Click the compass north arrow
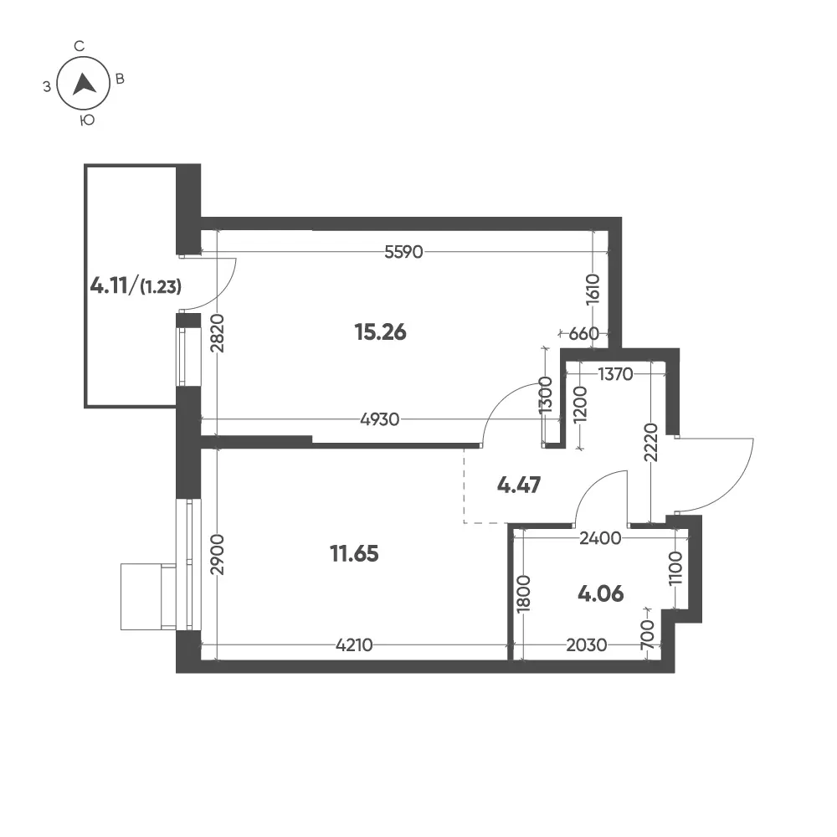point(84,84)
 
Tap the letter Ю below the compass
point(87,121)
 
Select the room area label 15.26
point(380,332)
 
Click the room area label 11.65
point(354,553)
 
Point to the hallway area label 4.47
point(519,485)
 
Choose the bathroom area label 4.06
point(600,593)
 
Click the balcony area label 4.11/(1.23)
point(136,286)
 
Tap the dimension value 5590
point(403,251)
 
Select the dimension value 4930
point(379,419)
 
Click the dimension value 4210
point(354,645)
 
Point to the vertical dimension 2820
point(218,333)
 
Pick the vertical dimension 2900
point(218,554)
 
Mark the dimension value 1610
point(593,289)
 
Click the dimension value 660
point(583,334)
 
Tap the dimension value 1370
point(615,374)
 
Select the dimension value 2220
point(650,443)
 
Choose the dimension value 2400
point(600,538)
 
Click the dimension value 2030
point(586,645)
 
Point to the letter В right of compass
point(120,79)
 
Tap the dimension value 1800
point(524,593)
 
